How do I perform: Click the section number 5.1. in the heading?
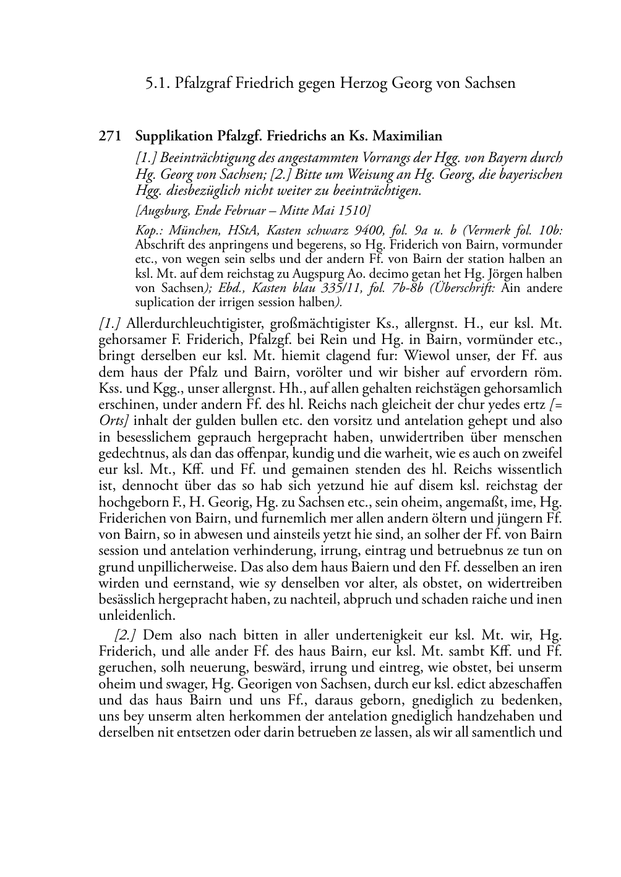(158, 83)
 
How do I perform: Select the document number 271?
(109, 136)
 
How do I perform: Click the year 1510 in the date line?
(355, 210)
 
